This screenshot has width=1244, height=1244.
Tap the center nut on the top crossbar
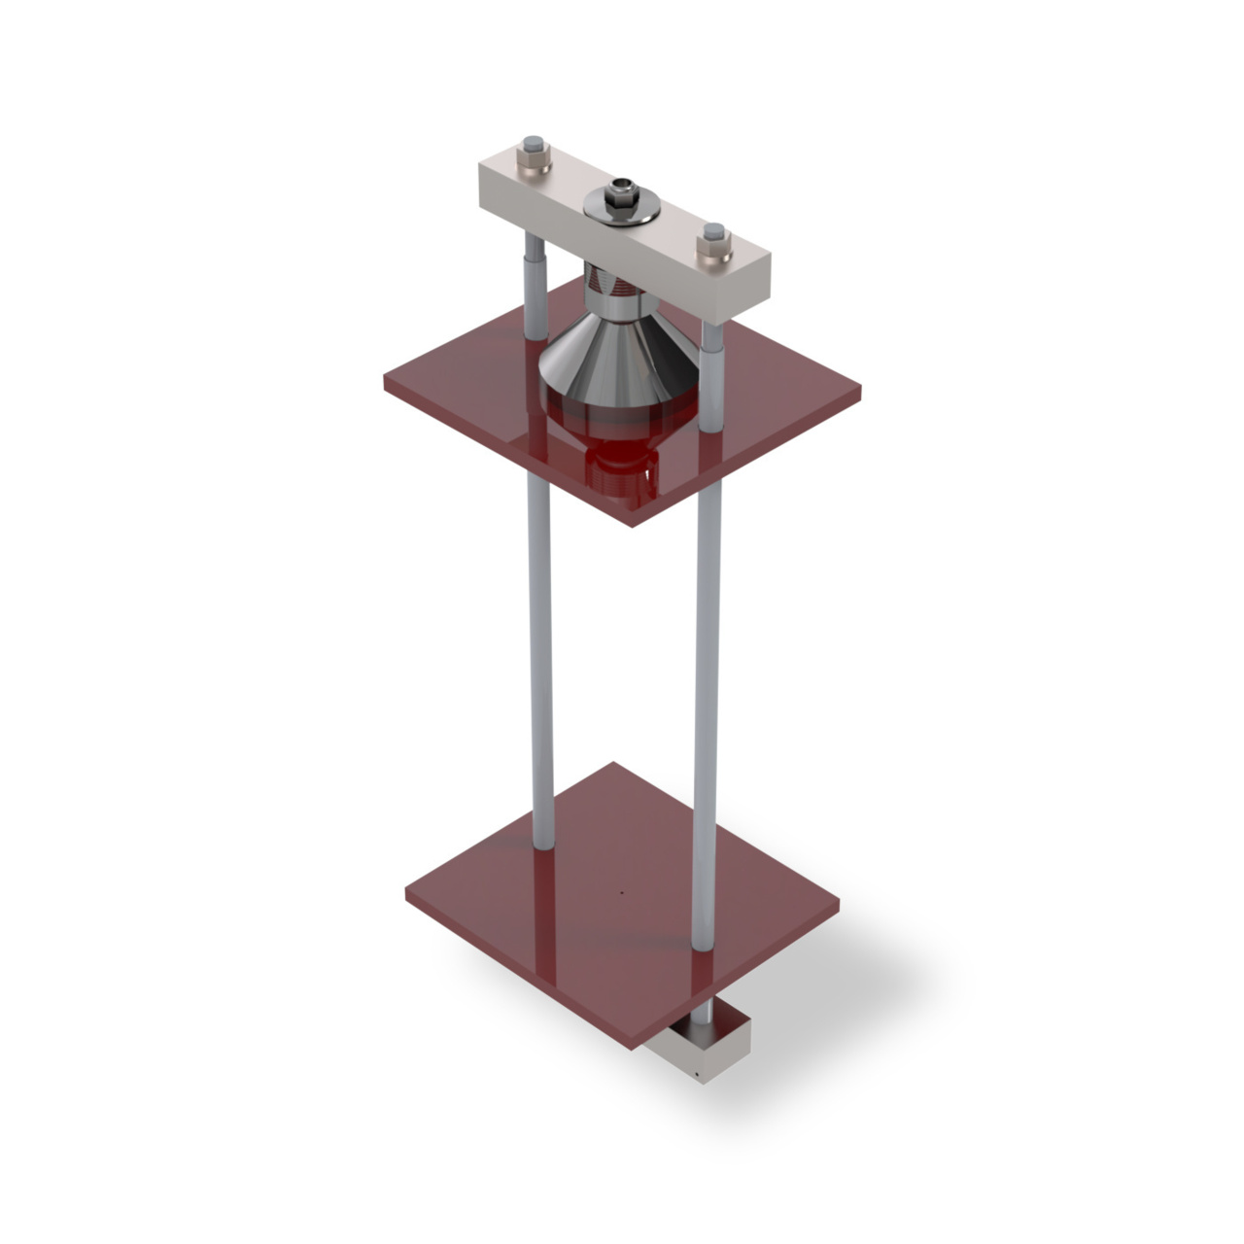619,195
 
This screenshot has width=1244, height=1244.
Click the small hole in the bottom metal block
698,1075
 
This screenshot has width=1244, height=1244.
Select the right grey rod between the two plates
708,680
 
